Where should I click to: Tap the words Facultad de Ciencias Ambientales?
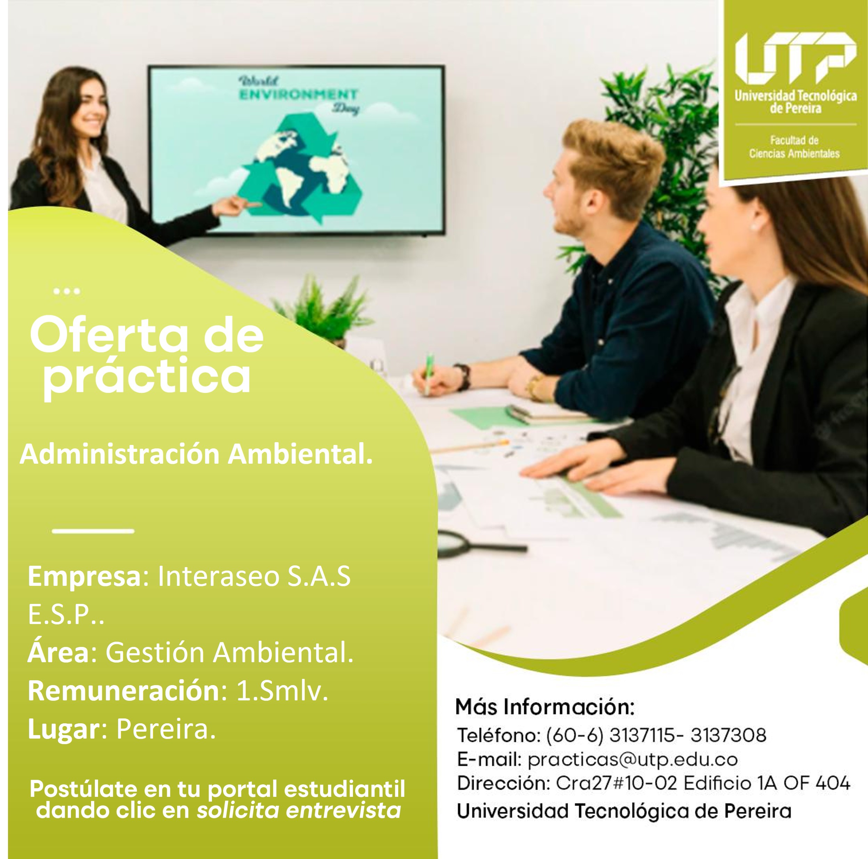click(794, 147)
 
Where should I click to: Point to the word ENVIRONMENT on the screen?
click(298, 95)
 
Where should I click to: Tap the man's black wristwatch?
click(463, 377)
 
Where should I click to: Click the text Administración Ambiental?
click(196, 455)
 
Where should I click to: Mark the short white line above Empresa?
click(93, 531)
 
